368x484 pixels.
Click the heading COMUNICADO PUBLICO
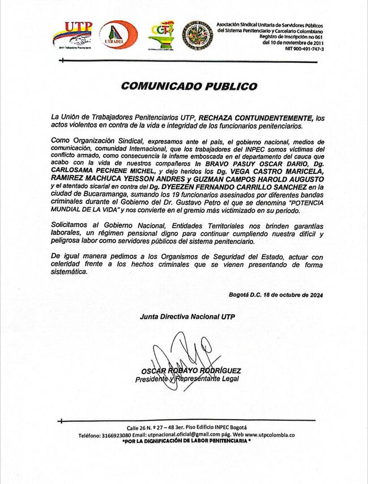(189, 87)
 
